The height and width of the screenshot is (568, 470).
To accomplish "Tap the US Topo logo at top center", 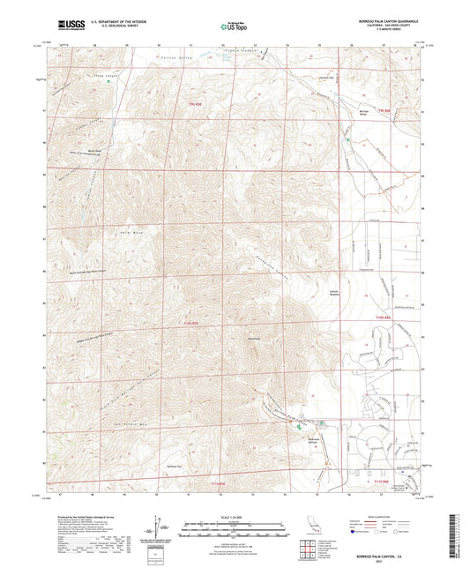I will tap(231, 27).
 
